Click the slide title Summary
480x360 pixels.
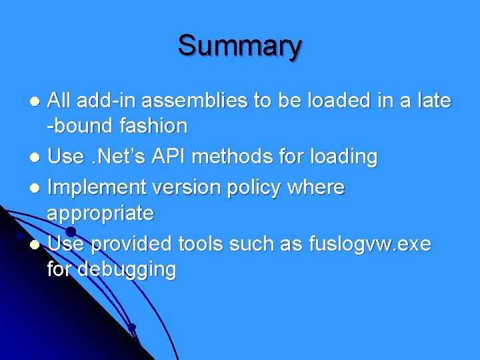click(239, 46)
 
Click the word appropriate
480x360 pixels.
click(100, 213)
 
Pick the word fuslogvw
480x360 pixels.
click(351, 245)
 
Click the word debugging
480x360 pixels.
click(127, 269)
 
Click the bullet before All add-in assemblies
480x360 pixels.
click(38, 102)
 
